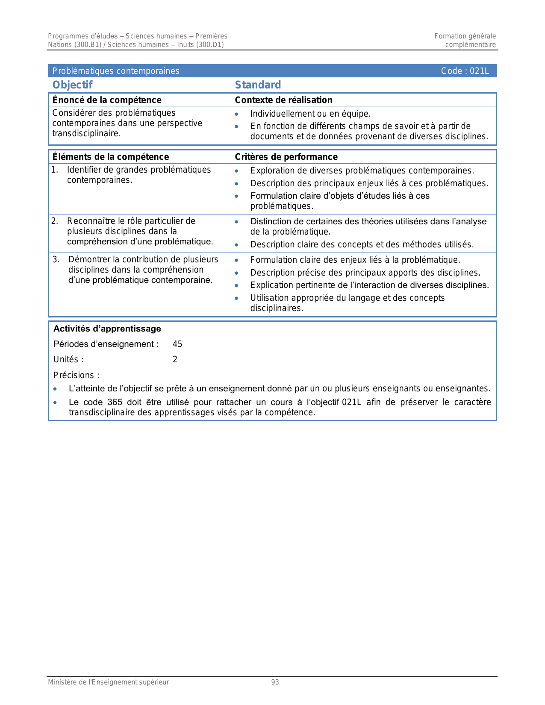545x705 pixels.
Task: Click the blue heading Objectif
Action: tap(72, 85)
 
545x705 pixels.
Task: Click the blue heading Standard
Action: tap(258, 85)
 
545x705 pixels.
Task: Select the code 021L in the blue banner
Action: tap(479, 71)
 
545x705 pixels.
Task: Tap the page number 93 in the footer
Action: tap(275, 682)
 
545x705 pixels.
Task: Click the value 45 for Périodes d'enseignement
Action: tap(177, 344)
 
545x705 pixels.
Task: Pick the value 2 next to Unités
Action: tap(175, 359)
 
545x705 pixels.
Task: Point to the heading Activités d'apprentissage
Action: tap(107, 329)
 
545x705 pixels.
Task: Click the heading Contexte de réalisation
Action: tap(283, 100)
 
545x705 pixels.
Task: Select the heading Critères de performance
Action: tap(286, 157)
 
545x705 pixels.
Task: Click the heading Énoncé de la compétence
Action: tap(107, 100)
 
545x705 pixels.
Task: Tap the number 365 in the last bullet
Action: tap(115, 402)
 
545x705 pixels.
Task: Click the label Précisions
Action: tap(76, 375)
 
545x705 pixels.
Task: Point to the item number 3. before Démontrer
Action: tap(56, 259)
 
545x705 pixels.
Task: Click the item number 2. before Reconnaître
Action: tap(55, 221)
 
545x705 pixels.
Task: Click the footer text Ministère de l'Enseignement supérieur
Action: tap(108, 682)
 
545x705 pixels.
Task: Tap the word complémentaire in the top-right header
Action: tap(470, 45)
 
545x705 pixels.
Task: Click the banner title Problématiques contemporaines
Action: tap(116, 71)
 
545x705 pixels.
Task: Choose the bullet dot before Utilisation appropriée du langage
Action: tap(236, 298)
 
